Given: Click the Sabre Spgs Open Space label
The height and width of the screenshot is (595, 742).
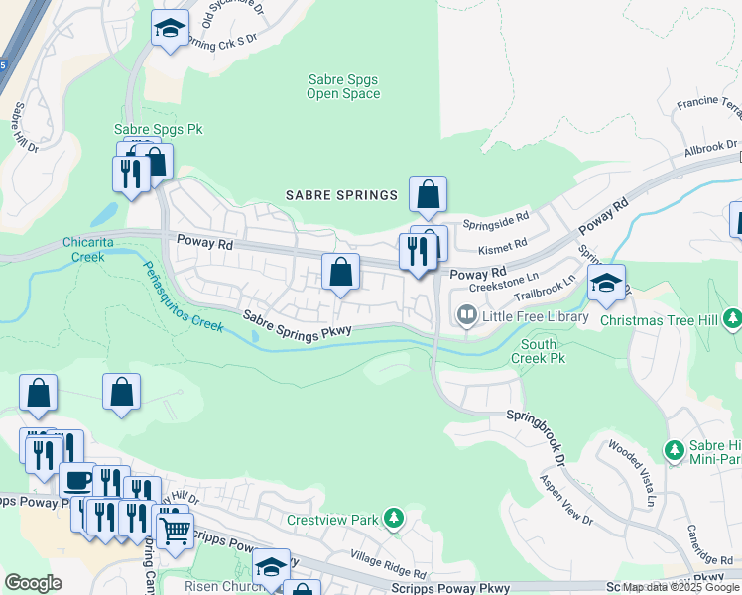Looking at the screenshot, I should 342,87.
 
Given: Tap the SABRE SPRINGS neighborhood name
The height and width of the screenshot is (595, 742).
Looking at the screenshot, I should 341,195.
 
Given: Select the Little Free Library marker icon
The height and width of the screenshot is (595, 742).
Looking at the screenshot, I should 465,316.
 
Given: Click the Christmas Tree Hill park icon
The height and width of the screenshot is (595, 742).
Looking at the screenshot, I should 732,318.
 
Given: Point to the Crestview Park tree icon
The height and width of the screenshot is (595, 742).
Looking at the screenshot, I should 395,519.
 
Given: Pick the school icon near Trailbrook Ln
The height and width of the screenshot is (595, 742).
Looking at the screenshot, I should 606,283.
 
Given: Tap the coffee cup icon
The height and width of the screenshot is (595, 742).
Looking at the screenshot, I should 77,481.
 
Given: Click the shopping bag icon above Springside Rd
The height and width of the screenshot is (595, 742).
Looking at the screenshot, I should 428,194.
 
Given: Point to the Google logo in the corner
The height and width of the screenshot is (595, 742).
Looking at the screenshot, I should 33,582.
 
